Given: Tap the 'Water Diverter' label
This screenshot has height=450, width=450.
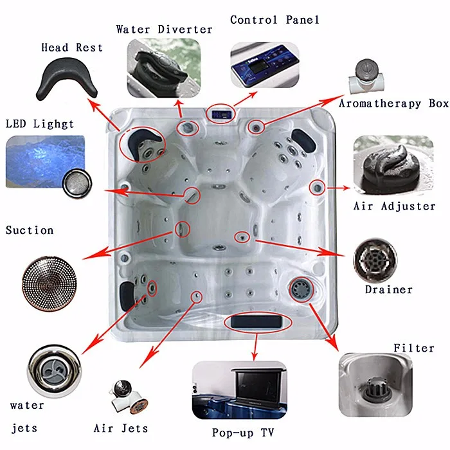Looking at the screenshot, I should click(164, 30).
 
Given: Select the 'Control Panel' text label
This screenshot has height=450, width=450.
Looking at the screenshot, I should click(274, 20).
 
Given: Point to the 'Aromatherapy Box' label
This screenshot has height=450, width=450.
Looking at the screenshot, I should click(393, 104).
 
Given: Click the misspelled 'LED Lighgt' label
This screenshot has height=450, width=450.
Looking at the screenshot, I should click(40, 124).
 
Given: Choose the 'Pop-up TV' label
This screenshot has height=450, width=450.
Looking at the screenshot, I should click(243, 433).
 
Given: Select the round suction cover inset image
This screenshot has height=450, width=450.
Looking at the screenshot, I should click(46, 282).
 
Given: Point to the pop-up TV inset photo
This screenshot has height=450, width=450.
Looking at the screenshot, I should click(239, 390).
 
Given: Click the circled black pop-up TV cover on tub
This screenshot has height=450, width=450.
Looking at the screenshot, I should click(257, 321).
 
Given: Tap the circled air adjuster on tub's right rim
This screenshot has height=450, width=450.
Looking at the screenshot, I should click(317, 188).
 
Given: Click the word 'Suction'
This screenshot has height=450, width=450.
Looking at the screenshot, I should click(30, 230).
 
